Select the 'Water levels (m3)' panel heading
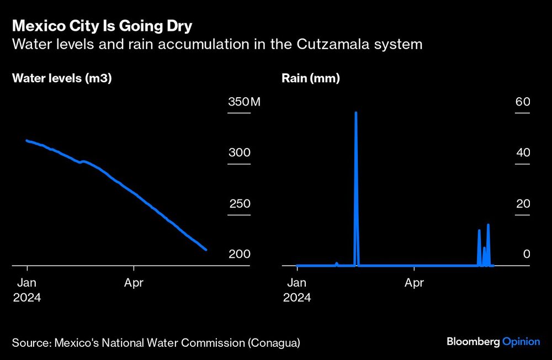click(x=62, y=78)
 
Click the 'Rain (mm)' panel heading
click(x=310, y=78)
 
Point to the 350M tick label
click(x=243, y=102)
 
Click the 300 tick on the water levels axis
click(x=240, y=153)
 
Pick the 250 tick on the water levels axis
click(x=240, y=204)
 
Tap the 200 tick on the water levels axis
click(x=240, y=255)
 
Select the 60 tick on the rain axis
click(x=523, y=102)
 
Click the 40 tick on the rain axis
click(x=523, y=153)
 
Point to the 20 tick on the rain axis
click(x=523, y=204)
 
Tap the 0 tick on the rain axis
click(x=527, y=255)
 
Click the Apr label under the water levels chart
click(x=134, y=283)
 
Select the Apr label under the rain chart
click(x=414, y=283)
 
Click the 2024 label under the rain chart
click(x=296, y=298)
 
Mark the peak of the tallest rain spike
click(x=356, y=113)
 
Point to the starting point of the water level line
click(x=27, y=140)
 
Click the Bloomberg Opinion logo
click(x=493, y=342)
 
